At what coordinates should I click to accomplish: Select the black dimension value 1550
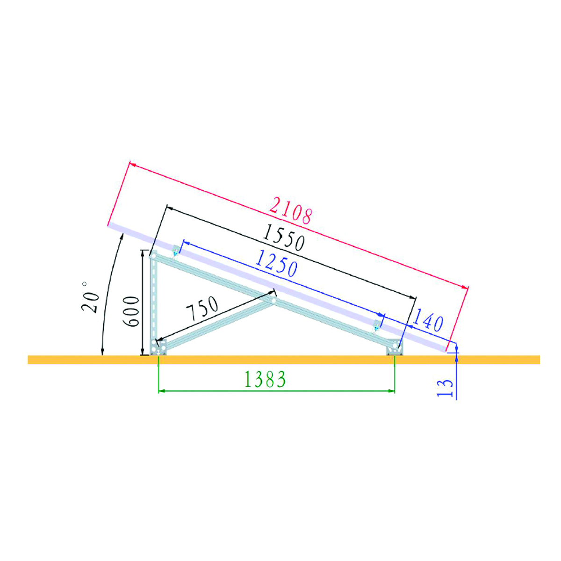(x=283, y=237)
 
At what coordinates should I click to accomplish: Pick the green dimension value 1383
(x=265, y=380)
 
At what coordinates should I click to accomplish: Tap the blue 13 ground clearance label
(x=446, y=388)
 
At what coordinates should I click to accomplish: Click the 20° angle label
(x=90, y=297)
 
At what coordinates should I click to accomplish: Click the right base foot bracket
(x=394, y=348)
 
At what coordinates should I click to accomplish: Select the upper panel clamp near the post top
(x=175, y=252)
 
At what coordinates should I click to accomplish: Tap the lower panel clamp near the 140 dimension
(x=376, y=326)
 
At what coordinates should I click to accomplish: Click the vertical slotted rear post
(x=154, y=299)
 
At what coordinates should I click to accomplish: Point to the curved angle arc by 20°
(x=108, y=290)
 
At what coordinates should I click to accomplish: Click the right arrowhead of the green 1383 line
(x=392, y=390)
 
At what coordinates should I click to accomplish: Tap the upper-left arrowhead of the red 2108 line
(x=131, y=164)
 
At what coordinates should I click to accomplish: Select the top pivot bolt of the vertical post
(x=153, y=256)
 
